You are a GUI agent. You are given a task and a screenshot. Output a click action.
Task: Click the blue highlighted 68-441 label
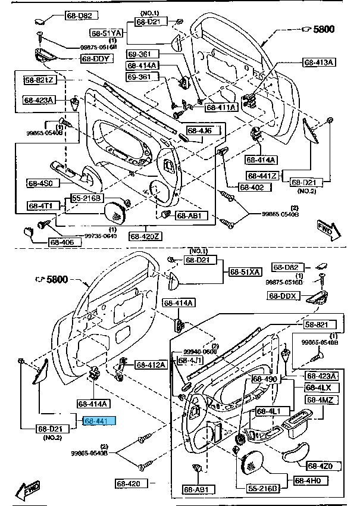[x=99, y=421]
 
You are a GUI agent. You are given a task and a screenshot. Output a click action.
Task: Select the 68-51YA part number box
[x=107, y=33]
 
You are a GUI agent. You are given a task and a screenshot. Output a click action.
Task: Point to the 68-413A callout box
[x=320, y=62]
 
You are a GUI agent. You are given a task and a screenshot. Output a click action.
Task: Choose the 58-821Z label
[x=39, y=80]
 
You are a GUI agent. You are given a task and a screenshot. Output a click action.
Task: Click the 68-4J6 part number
[x=199, y=130]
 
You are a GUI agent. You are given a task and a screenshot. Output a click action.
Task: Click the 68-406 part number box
[x=62, y=242]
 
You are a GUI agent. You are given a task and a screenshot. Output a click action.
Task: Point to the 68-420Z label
[x=146, y=236]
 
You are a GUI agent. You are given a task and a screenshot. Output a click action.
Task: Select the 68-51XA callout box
[x=245, y=272]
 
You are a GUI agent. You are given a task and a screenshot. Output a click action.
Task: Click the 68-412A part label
[x=151, y=364]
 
